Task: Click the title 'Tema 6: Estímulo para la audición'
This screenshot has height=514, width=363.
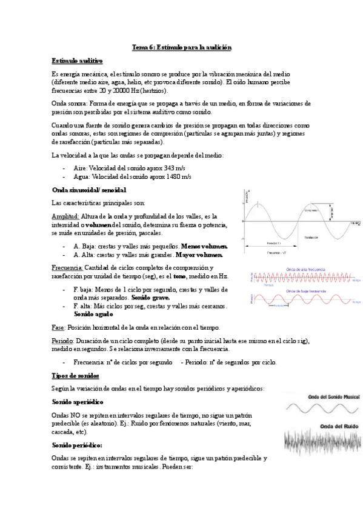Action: point(182,47)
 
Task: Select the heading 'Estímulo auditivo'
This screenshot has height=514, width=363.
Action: point(77,61)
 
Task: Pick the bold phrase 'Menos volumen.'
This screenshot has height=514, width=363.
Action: point(204,247)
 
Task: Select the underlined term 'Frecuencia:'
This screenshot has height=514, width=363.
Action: point(67,268)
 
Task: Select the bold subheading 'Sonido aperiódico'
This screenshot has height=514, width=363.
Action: point(78,402)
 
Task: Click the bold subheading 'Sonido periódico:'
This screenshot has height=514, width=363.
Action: point(76,445)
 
